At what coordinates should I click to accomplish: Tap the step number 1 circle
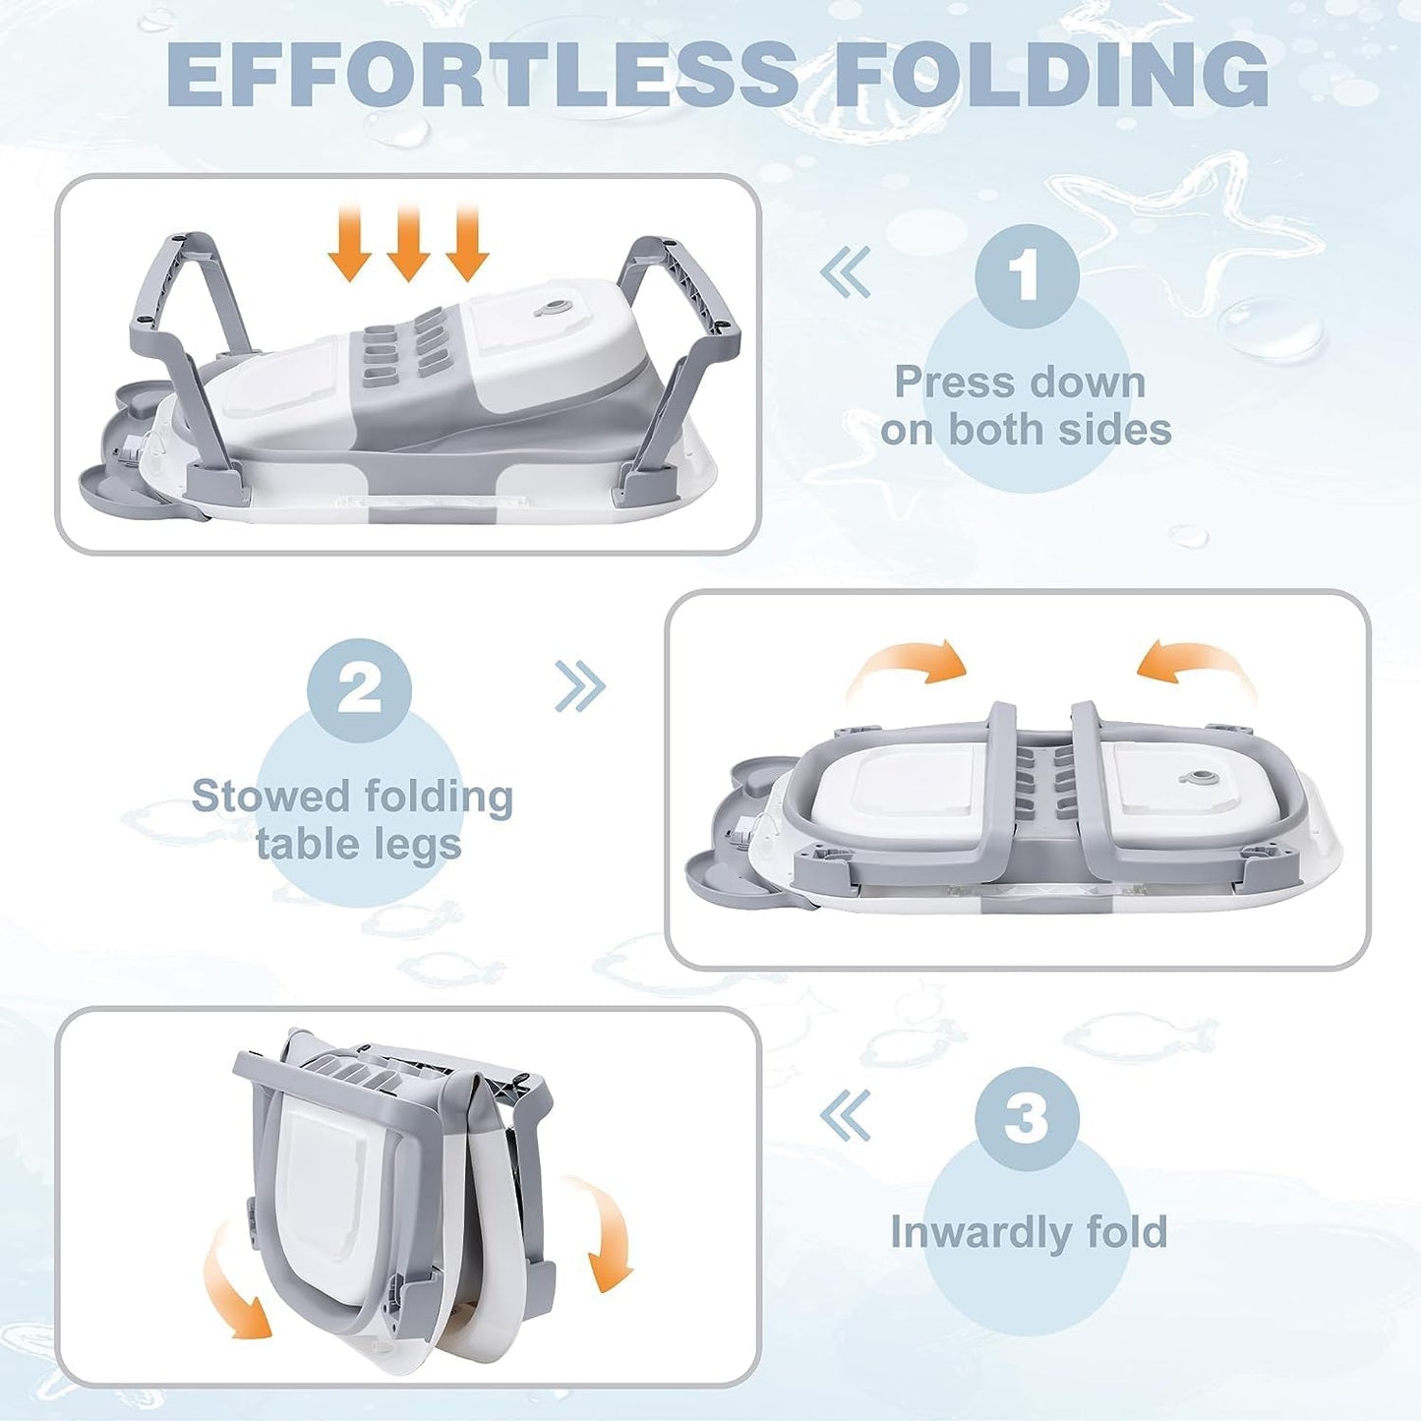click(x=1027, y=276)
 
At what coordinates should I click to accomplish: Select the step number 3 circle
click(x=1027, y=1118)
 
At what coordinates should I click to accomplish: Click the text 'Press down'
click(x=1020, y=382)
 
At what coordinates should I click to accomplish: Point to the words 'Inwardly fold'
click(x=1029, y=1231)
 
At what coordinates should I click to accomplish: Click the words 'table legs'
click(x=359, y=844)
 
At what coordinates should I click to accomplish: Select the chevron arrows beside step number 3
click(x=846, y=1115)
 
